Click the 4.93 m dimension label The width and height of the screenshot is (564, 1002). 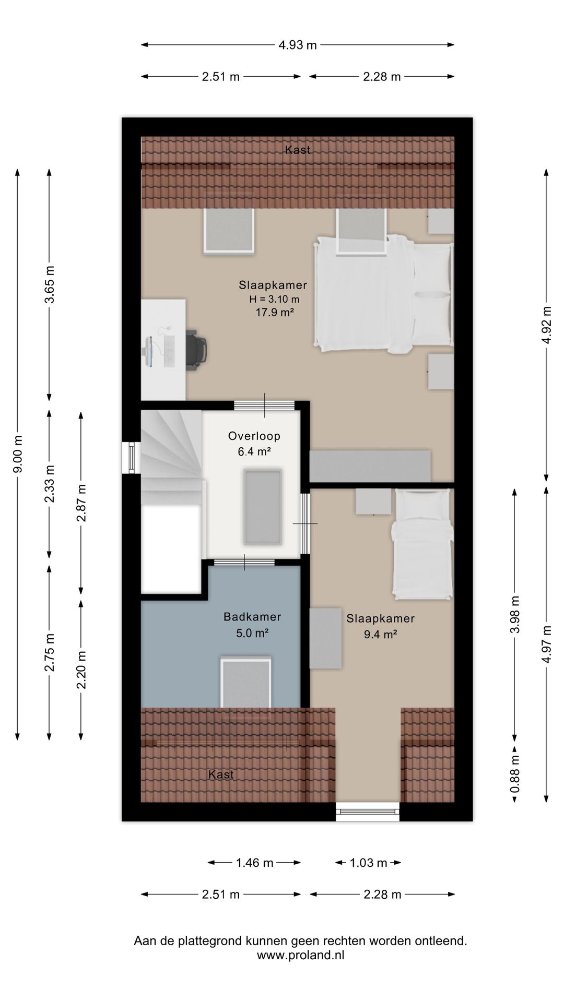(297, 45)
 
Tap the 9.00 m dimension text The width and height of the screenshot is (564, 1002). (18, 454)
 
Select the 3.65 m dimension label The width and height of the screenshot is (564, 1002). (49, 284)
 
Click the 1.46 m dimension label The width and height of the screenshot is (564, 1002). (254, 863)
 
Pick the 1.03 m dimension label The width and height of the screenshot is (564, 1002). (368, 863)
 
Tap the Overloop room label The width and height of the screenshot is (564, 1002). (254, 436)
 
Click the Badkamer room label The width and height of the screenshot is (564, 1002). (252, 617)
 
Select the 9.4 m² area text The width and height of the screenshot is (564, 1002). (380, 635)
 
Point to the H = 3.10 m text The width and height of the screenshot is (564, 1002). (274, 300)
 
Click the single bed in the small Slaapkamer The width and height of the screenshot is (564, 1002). (422, 543)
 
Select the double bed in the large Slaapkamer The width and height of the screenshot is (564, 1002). (383, 293)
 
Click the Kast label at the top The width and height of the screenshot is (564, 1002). (298, 150)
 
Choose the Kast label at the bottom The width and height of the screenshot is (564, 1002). (221, 774)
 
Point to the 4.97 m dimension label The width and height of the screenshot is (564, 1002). (546, 644)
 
